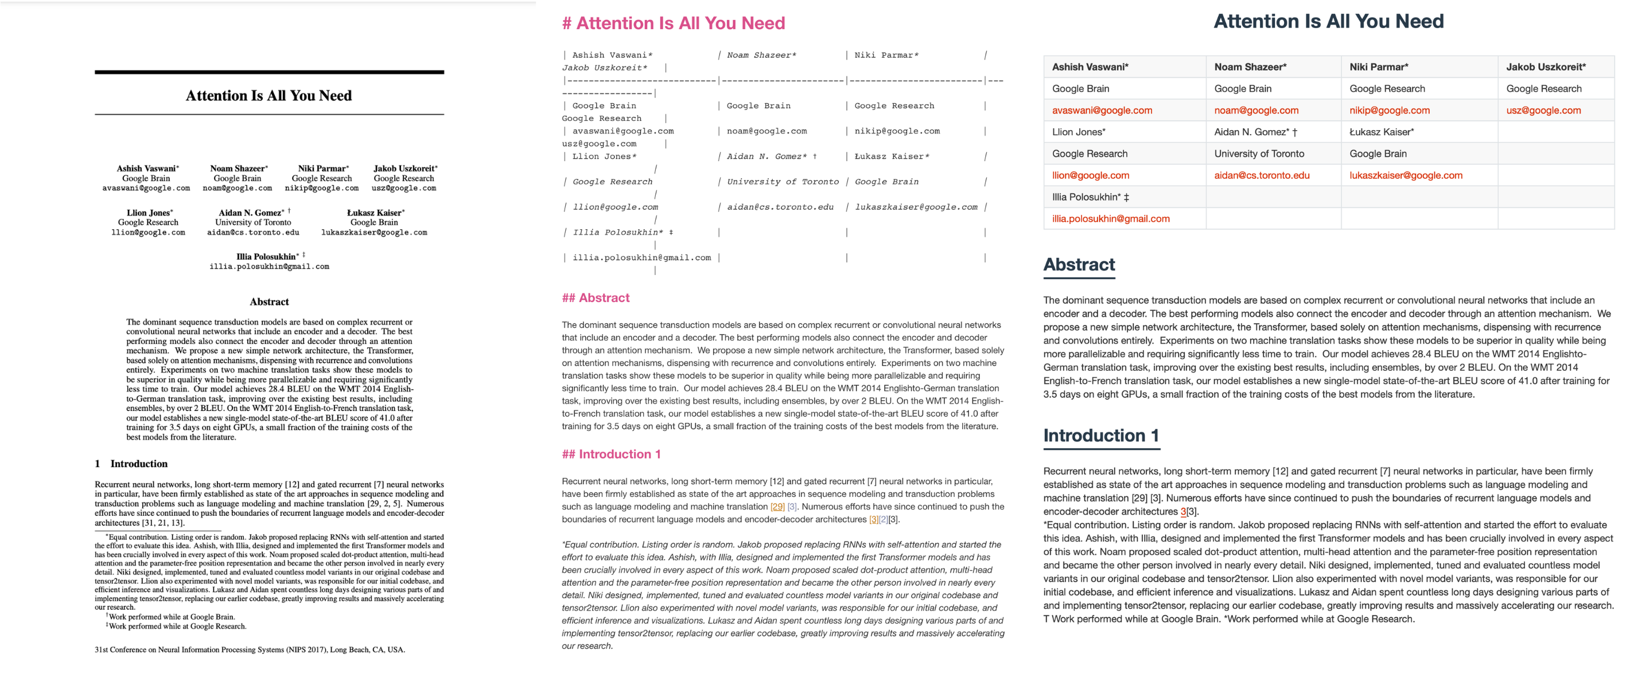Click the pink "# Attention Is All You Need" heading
click(x=673, y=23)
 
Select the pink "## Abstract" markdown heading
click(x=595, y=298)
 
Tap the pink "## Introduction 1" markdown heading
click(x=611, y=454)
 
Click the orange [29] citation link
click(x=777, y=507)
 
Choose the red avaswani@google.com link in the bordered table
click(x=1102, y=110)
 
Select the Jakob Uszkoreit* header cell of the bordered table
click(x=1546, y=67)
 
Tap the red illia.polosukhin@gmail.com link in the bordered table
click(x=1110, y=219)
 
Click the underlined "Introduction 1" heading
click(x=1100, y=435)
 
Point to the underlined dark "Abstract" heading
click(x=1079, y=264)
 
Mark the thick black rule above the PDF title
click(x=269, y=72)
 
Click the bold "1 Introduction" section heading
click(x=131, y=464)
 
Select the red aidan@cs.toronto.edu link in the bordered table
click(x=1261, y=175)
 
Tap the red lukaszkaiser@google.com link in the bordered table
click(x=1406, y=175)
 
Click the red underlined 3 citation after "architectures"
click(x=1182, y=512)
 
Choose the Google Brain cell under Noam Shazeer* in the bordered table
click(x=1242, y=89)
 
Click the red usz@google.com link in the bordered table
click(x=1543, y=110)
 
